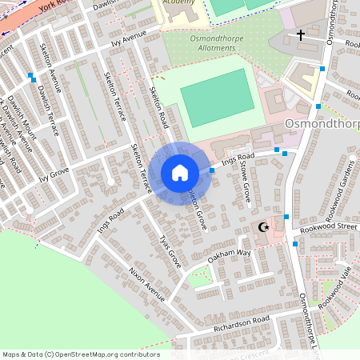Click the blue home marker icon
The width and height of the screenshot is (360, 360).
180,173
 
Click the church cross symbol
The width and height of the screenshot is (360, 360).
301,35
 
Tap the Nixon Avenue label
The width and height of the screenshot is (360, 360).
147,285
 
